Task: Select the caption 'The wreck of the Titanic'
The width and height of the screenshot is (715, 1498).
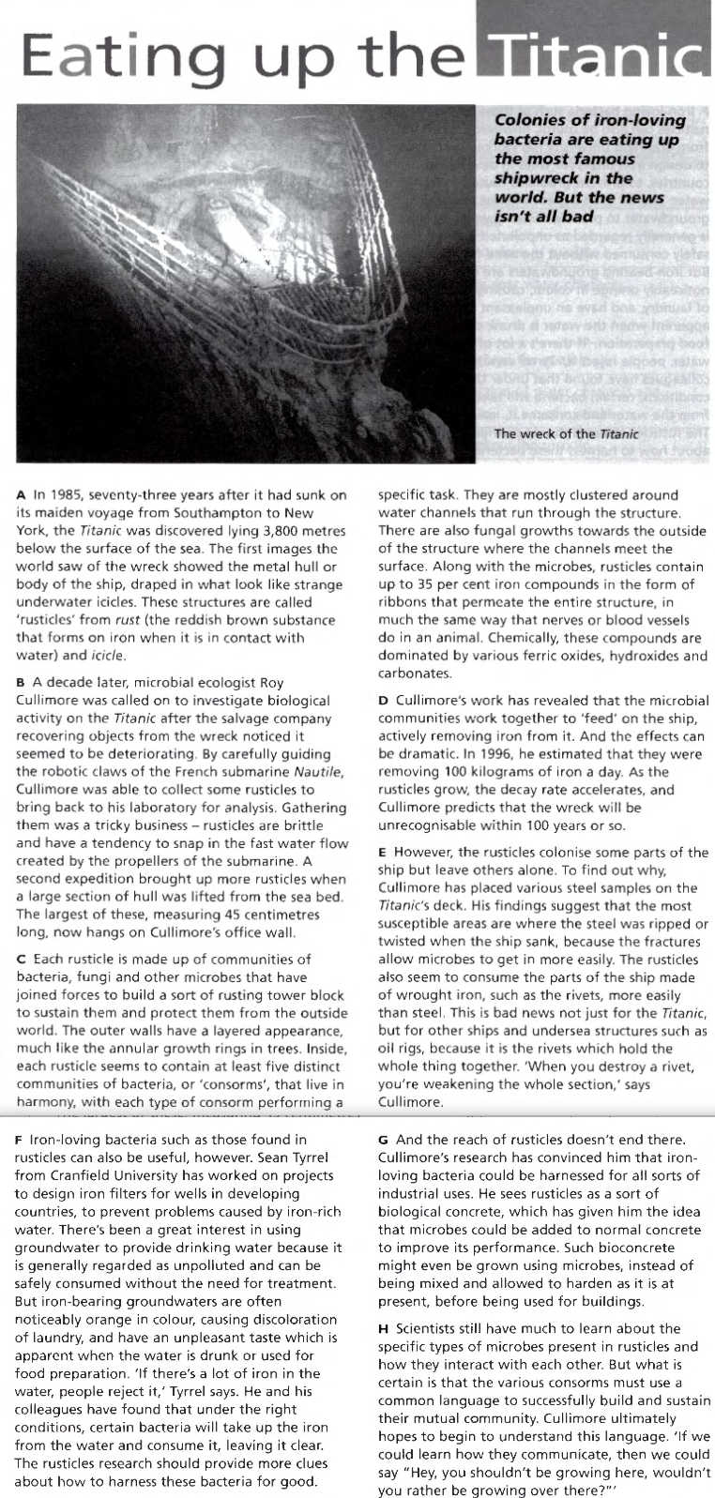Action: point(566,433)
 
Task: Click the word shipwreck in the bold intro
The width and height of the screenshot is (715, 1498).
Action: point(539,177)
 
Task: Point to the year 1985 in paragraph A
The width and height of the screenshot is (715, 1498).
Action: point(66,495)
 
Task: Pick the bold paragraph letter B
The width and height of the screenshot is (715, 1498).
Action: point(21,683)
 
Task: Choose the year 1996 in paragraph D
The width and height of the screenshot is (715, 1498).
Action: point(491,753)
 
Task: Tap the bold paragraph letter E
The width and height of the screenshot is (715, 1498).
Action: point(382,853)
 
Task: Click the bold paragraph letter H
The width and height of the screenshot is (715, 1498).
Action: point(383,1328)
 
